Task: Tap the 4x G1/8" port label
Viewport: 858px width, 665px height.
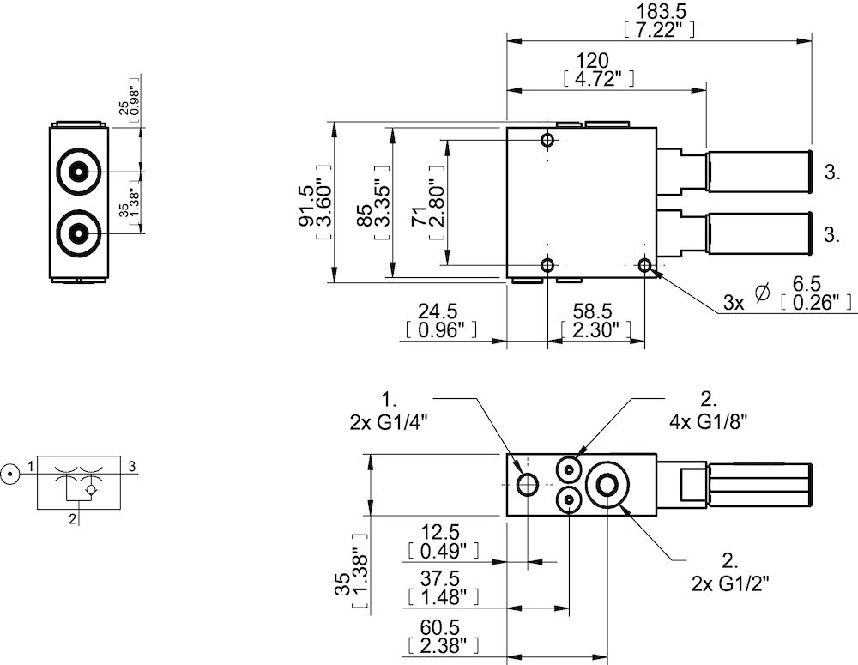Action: point(708,409)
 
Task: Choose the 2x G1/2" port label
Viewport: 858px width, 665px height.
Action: point(730,573)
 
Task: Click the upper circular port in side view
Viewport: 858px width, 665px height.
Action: point(78,172)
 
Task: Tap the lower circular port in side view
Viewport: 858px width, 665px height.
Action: point(78,233)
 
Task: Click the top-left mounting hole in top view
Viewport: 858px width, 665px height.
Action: point(548,140)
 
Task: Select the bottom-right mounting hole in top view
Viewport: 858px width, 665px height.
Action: point(645,266)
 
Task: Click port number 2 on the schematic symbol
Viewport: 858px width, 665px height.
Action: point(74,517)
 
